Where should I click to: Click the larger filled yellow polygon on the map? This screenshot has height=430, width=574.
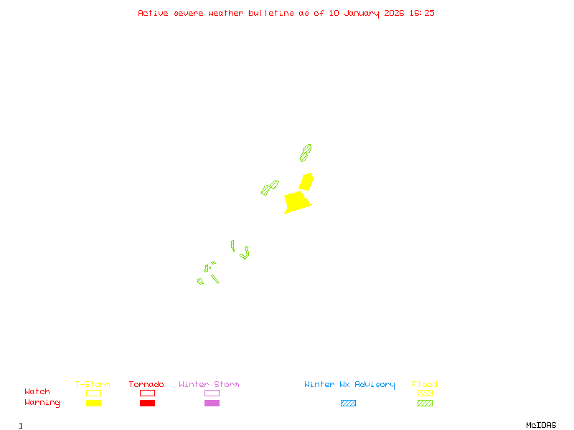tap(296, 201)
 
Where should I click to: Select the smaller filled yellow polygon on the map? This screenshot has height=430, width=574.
tap(306, 181)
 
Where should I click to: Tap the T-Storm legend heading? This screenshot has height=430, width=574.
tap(93, 385)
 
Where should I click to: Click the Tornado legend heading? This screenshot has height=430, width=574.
tap(146, 385)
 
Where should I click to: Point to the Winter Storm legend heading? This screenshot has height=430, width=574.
tap(209, 385)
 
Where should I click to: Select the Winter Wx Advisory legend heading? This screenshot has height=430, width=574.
tap(349, 385)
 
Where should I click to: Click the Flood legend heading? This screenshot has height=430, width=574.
tap(425, 385)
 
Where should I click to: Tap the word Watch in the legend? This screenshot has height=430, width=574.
tap(37, 392)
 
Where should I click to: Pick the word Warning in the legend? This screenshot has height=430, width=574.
tap(42, 403)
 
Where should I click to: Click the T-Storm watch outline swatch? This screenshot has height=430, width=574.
tap(93, 393)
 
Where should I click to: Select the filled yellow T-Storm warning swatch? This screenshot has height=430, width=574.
tap(93, 403)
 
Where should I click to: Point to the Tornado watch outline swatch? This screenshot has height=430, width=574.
tap(147, 393)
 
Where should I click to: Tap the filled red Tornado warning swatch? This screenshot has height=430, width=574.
tap(147, 403)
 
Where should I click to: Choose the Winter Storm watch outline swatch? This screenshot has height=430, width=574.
tap(212, 393)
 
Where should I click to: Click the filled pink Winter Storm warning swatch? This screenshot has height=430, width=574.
tap(212, 403)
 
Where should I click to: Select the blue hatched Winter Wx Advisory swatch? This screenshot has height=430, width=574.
tap(348, 403)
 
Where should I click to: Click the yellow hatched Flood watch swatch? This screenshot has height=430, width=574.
tap(425, 393)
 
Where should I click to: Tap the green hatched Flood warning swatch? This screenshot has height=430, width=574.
tap(425, 403)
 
